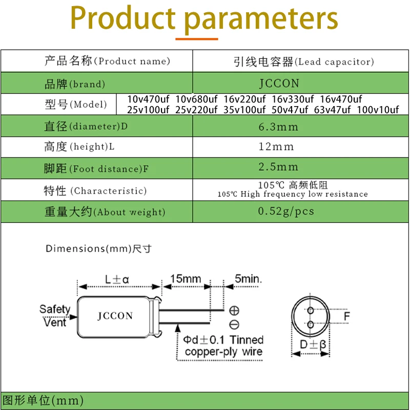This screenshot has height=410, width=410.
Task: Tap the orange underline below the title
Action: (197, 38)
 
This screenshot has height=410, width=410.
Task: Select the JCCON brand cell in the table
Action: (279, 83)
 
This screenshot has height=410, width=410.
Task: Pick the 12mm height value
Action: (276, 147)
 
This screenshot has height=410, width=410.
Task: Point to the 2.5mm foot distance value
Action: (278, 167)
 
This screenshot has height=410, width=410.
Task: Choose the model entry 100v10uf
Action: (378, 110)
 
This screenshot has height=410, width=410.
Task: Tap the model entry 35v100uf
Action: (244, 110)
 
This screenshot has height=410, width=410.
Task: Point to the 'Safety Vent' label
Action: (55, 316)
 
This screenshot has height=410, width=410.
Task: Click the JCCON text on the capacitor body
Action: (115, 316)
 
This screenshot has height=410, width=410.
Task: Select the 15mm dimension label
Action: (186, 279)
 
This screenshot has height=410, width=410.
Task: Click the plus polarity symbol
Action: (234, 310)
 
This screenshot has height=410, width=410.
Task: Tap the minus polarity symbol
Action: (234, 324)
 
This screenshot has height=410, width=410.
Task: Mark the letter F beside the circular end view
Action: (347, 317)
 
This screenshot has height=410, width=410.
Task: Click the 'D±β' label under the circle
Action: (313, 345)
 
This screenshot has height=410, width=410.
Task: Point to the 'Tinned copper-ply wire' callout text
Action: (223, 346)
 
